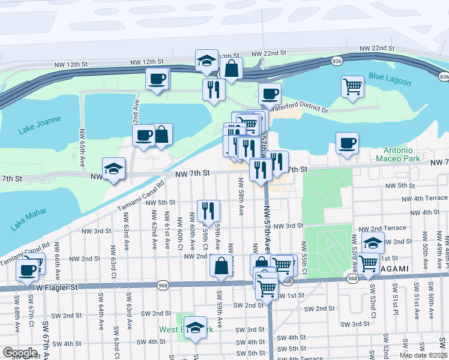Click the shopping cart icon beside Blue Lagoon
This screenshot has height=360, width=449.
[x=352, y=86]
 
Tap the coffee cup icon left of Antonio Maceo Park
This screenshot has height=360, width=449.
[x=347, y=143]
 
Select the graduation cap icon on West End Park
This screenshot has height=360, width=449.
[x=195, y=328]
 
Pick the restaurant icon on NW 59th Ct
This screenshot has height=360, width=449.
[x=208, y=210]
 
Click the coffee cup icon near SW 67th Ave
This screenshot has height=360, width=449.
[x=28, y=270]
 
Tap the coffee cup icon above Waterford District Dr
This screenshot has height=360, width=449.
[x=270, y=93]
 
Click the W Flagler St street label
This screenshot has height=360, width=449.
[x=57, y=288]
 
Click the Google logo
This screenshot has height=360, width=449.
[x=20, y=352]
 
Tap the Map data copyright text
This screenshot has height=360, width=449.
[x=423, y=355]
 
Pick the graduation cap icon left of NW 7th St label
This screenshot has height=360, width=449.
[x=113, y=169]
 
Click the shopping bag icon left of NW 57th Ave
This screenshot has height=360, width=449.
[x=221, y=265]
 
